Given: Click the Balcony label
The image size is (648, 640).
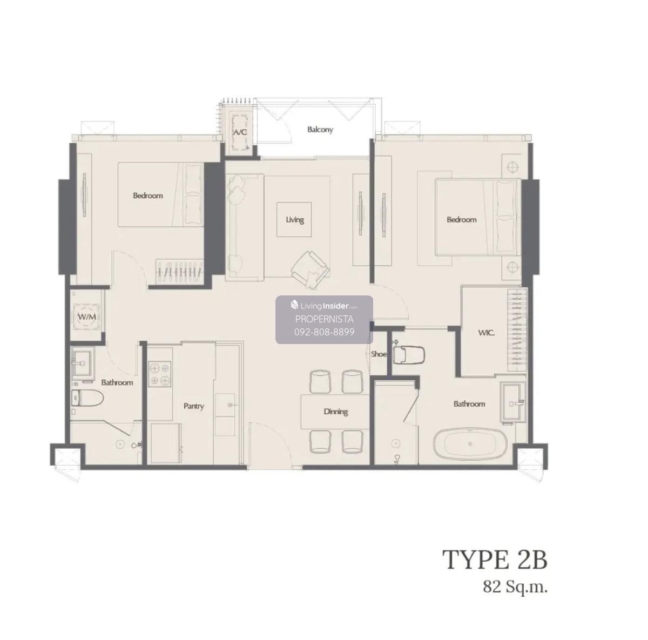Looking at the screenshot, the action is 320,130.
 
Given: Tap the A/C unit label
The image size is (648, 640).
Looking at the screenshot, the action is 240,132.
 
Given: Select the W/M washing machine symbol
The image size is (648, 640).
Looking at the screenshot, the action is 87,316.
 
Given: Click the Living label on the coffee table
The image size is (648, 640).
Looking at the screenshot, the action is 295,220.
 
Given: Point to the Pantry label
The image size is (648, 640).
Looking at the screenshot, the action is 194,406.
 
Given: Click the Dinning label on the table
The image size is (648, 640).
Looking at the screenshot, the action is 335,412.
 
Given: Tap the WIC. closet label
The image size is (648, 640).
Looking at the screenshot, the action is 486,333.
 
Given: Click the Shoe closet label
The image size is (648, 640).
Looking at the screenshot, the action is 379,354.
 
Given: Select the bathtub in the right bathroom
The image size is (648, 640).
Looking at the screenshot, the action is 470,444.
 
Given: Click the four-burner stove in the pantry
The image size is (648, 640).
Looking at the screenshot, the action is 160,373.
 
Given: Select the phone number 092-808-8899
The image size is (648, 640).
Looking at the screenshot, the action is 324,332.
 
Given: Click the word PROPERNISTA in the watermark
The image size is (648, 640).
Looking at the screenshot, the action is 324,319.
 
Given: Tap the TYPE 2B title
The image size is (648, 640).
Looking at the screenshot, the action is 495,560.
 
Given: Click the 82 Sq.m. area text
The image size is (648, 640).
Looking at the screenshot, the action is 515,588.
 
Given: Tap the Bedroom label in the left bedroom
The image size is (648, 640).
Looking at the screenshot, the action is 148,196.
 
